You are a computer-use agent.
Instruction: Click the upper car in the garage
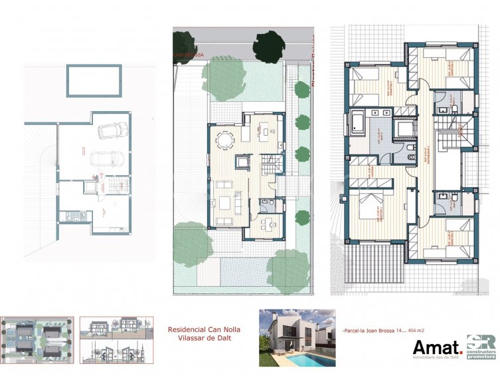coord(108,131)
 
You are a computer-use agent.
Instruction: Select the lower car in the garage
coord(106,159)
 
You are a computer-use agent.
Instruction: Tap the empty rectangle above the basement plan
coord(94,81)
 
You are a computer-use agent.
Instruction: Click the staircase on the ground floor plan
coord(270,164)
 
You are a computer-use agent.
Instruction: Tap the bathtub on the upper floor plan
coord(356,124)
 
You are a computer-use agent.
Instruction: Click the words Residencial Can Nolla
coord(204,329)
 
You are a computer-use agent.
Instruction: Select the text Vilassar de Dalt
coord(204,339)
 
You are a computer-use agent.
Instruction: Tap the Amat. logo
coord(437,348)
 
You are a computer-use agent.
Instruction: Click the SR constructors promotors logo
coord(481,347)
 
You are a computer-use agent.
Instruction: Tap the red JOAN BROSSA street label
coord(188,56)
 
